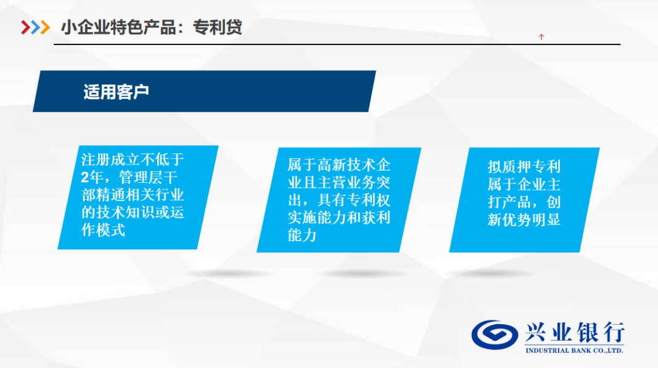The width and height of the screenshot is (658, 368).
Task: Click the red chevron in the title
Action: [x=26, y=27]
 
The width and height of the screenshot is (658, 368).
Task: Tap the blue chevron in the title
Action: [x=36, y=27]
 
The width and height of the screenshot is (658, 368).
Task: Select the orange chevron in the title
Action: [x=45, y=27]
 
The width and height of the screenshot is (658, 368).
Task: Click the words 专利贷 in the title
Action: [x=218, y=27]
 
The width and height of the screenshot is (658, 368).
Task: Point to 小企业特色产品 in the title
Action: [x=119, y=27]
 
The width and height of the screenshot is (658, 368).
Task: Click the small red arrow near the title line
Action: [x=542, y=37]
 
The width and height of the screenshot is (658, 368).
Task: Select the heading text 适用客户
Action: [x=116, y=92]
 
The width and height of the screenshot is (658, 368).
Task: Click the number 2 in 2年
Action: [x=85, y=177]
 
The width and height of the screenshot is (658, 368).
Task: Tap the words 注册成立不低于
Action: [x=133, y=160]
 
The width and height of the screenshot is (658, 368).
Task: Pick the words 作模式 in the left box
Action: [x=103, y=230]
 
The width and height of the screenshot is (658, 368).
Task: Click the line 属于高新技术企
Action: [x=339, y=165]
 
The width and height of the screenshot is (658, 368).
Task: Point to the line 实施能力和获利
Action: [x=339, y=218]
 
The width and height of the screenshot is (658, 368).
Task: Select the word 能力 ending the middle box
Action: [x=302, y=235]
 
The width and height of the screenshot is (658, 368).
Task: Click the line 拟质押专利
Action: [x=524, y=166]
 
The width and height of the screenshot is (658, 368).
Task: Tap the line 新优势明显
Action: [x=524, y=219]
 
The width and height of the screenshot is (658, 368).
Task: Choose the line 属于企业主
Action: [x=524, y=184]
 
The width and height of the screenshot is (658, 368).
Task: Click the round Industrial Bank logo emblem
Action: [x=494, y=335]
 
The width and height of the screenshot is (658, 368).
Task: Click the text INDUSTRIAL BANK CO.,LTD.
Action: [x=574, y=350]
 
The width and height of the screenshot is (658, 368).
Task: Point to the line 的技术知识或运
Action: [x=133, y=212]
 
